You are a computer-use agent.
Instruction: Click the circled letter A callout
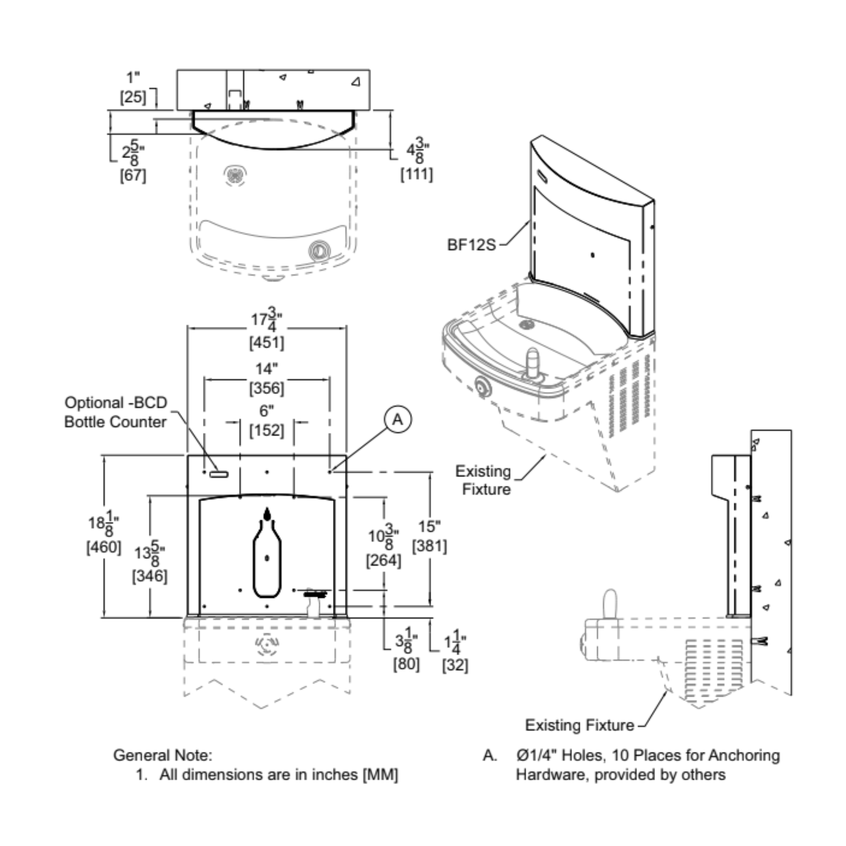click(x=398, y=420)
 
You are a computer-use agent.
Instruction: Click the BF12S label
click(x=471, y=245)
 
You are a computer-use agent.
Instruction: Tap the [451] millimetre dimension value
click(x=267, y=342)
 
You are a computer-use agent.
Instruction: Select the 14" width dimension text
click(x=266, y=369)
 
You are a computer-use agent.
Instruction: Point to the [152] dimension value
click(x=267, y=430)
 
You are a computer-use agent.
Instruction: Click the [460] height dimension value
click(x=103, y=547)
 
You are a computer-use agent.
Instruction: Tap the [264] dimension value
click(x=384, y=561)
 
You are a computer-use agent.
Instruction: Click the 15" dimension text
click(x=429, y=526)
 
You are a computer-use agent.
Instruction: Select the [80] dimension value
click(x=406, y=664)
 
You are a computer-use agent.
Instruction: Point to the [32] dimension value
click(x=455, y=665)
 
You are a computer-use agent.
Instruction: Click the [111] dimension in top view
click(x=416, y=175)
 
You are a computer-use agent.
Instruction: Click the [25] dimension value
click(x=133, y=97)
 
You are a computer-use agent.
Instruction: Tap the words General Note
click(x=162, y=755)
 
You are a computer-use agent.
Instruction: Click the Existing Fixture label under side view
click(x=579, y=725)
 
